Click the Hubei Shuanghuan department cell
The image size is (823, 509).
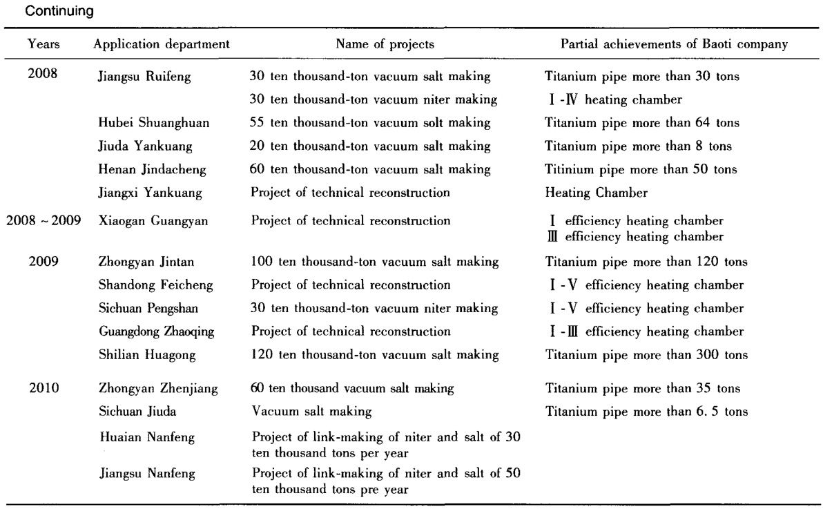coord(144,123)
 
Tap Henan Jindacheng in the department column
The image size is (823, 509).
coord(144,169)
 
